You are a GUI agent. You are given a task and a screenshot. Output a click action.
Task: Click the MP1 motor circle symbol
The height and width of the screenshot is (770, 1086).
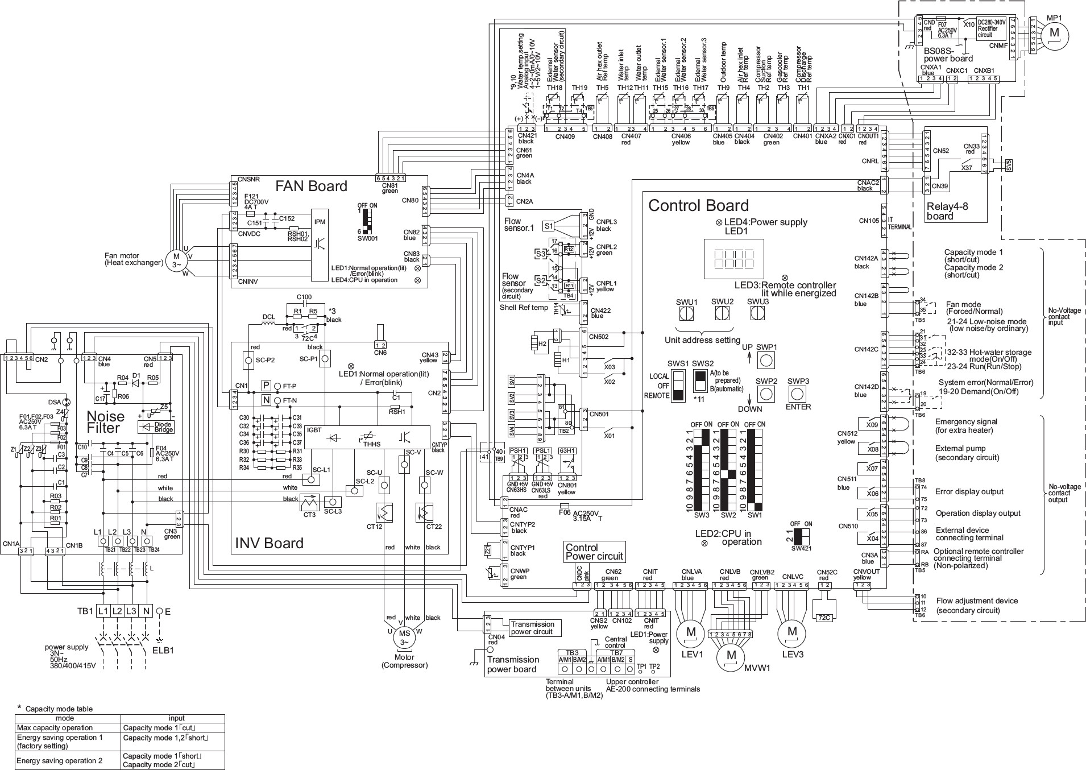pos(1054,32)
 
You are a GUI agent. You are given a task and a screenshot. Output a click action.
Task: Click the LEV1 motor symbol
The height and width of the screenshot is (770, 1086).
pos(691,632)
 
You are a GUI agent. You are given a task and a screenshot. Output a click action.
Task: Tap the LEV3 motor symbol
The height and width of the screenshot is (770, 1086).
pos(792,632)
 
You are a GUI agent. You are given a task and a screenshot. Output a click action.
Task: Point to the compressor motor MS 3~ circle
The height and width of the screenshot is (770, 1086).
pos(404,637)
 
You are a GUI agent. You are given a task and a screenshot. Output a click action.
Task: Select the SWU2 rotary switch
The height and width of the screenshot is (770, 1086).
pos(722,313)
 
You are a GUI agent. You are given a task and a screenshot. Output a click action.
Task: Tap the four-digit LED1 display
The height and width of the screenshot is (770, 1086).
pos(733,259)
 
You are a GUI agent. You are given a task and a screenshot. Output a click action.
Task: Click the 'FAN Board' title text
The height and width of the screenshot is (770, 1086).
pos(311,187)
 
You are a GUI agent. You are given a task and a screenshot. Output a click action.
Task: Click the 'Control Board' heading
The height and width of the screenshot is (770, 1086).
pos(698,205)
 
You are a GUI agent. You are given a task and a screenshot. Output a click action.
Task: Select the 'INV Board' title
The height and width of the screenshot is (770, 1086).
pos(269,543)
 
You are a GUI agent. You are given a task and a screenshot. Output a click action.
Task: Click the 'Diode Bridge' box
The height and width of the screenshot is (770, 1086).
pos(156,427)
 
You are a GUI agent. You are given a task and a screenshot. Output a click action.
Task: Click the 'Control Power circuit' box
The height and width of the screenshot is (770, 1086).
pos(594,552)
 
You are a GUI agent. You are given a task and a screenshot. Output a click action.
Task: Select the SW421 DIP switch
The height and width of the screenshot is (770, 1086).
pos(802,537)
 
